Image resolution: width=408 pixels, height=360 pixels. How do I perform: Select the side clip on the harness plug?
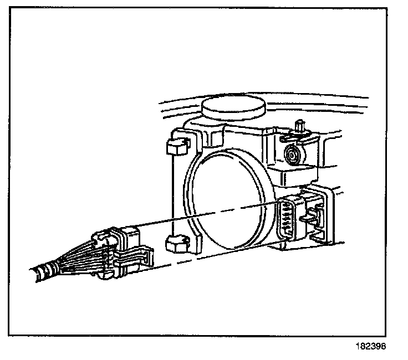tap(144, 257)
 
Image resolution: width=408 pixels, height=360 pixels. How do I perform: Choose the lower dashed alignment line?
tap(211, 261)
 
